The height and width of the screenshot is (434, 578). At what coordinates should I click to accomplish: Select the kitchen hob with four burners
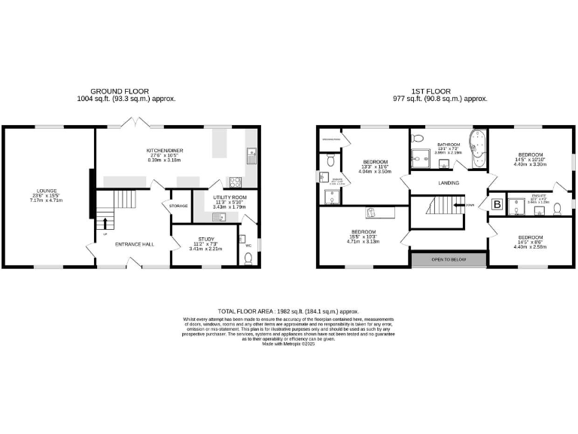(x=234, y=181)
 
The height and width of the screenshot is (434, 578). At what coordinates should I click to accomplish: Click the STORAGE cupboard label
(x=178, y=206)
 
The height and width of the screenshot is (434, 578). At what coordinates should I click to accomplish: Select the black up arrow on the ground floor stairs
(x=105, y=223)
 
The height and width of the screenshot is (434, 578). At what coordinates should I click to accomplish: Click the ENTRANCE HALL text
(x=134, y=244)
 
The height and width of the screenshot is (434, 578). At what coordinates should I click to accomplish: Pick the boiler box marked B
(x=497, y=203)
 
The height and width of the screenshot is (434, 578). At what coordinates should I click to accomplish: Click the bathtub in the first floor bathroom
(x=476, y=148)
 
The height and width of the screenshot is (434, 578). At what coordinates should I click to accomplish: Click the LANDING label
(x=448, y=183)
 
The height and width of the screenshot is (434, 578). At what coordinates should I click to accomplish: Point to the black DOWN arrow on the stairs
(x=459, y=204)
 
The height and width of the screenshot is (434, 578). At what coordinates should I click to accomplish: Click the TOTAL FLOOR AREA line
(x=289, y=311)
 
